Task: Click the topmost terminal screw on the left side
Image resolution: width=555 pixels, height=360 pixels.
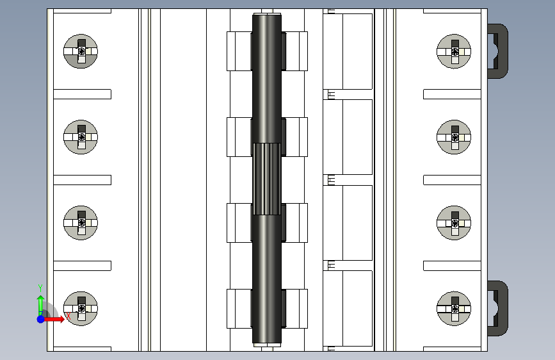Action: pos(81,51)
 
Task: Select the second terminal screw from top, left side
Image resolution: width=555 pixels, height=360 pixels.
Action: pos(81,137)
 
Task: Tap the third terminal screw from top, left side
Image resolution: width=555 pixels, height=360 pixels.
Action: pos(81,223)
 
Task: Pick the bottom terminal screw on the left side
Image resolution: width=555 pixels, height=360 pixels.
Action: pos(81,309)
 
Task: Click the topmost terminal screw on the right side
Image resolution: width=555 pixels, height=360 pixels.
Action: pos(454,51)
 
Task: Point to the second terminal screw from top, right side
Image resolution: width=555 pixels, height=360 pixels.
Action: pos(454,137)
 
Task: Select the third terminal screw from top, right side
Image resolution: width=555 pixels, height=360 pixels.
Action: pos(454,223)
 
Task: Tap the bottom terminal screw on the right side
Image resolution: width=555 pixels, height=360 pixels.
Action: pos(454,309)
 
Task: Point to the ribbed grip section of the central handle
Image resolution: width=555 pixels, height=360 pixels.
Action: pos(267,179)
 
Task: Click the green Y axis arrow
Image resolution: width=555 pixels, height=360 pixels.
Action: pos(41,305)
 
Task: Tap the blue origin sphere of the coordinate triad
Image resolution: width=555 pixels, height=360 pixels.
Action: pos(41,319)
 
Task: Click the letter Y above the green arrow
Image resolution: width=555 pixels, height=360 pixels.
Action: pos(40,288)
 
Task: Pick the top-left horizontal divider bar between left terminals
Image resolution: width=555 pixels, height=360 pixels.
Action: pos(83,94)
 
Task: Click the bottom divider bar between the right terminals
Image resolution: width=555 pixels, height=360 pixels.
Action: pos(452,266)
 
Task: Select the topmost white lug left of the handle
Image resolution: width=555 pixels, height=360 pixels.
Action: pos(239,51)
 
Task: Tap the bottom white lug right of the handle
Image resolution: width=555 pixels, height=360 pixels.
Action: pos(294,309)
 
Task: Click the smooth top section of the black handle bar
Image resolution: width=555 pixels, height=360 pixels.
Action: pos(267,79)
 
